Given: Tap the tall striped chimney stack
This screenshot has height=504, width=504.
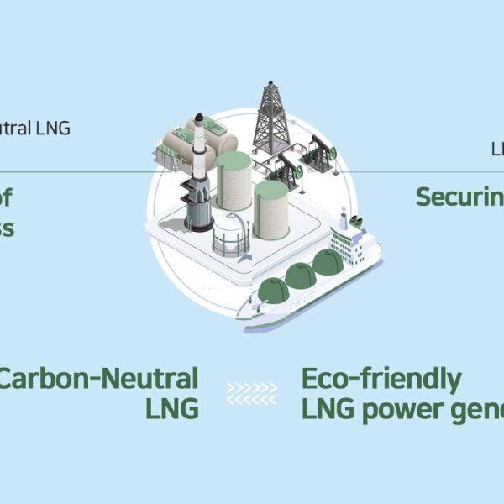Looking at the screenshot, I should click(x=199, y=172).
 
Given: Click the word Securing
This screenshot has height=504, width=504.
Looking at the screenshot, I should click(x=460, y=197).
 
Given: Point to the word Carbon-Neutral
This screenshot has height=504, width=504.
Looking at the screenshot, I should click(x=99, y=378).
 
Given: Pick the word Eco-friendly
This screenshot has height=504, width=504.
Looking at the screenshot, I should click(x=381, y=380).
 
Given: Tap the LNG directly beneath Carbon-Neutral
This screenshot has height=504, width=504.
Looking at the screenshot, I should click(x=171, y=408).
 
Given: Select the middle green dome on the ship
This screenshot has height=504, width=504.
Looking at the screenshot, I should click(x=300, y=275).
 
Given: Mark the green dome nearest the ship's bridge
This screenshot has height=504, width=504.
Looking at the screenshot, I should click(x=328, y=262).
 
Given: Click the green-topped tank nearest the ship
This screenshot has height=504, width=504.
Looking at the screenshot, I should click(x=270, y=208).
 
